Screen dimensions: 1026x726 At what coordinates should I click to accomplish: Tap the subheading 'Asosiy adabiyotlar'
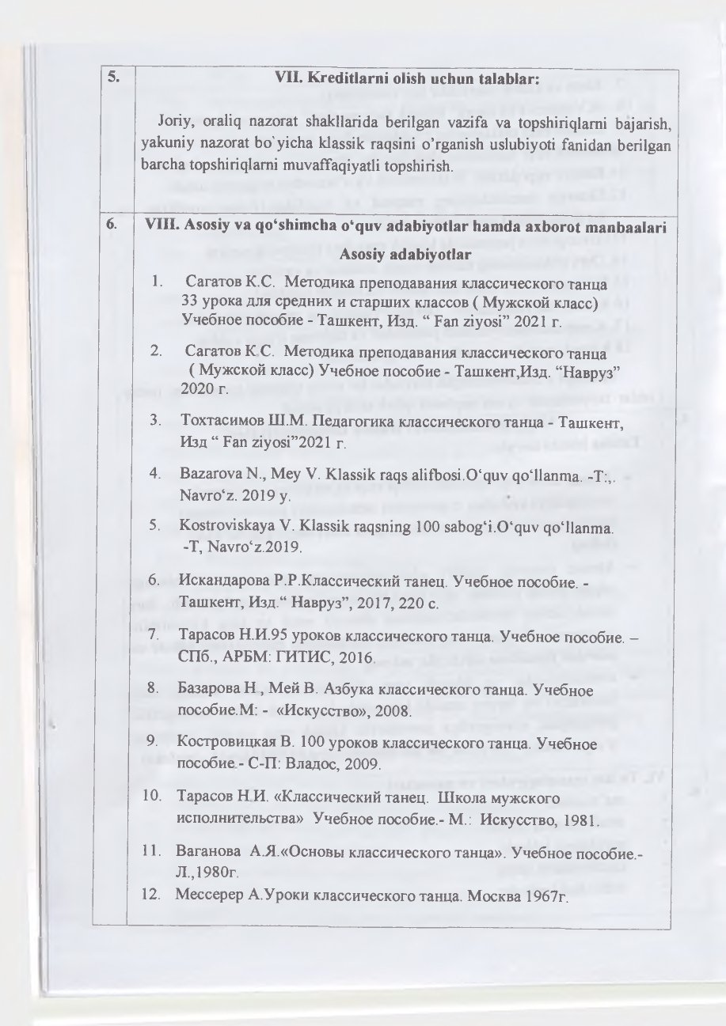(x=405, y=254)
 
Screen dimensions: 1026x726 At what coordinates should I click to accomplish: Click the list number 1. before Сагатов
(x=158, y=282)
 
